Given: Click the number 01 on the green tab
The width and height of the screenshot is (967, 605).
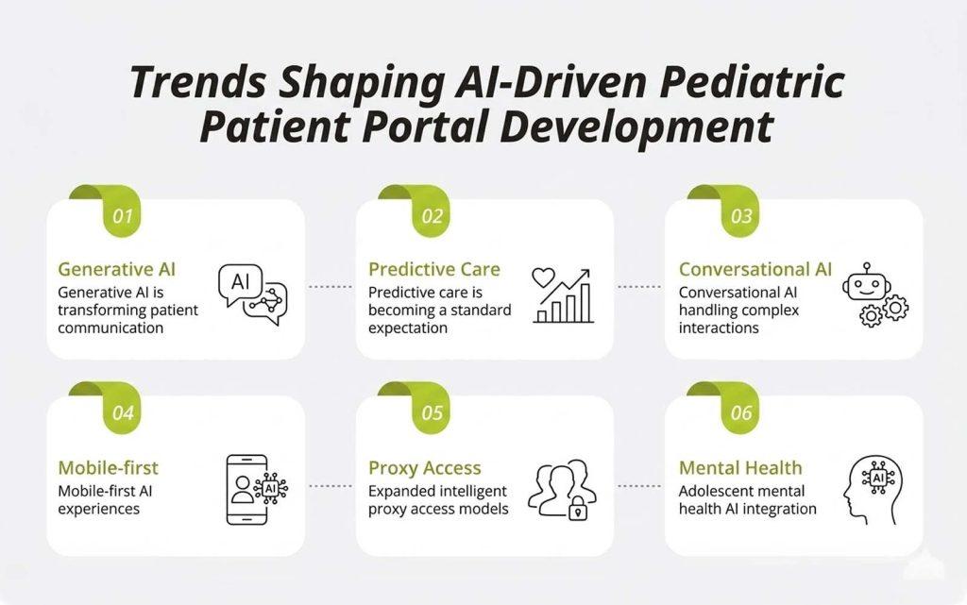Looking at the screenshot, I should tap(123, 216).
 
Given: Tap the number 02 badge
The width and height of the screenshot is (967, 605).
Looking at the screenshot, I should tap(433, 216).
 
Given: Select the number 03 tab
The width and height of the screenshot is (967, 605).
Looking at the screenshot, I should tap(742, 216).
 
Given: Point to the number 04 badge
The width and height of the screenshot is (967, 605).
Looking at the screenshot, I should tap(123, 412).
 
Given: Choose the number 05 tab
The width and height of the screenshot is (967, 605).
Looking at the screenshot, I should tap(433, 412).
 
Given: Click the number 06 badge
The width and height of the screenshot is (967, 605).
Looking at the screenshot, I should tap(742, 412).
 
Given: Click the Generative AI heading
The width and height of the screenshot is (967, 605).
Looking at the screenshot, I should tap(117, 269).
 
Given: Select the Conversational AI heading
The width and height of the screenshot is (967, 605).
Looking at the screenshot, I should tap(755, 269).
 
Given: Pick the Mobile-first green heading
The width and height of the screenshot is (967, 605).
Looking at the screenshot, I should tap(108, 467).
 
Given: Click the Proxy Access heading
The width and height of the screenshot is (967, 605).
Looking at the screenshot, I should tap(424, 467).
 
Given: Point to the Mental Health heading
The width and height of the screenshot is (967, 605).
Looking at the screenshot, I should tap(740, 467).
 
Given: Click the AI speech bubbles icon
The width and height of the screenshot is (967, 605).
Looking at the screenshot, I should tap(252, 294).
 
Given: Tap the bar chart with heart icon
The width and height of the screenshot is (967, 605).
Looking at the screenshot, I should tap(563, 295).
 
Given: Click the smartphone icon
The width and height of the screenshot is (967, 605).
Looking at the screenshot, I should tap(247, 489).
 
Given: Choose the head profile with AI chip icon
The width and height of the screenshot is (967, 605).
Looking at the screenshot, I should tap(873, 489).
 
